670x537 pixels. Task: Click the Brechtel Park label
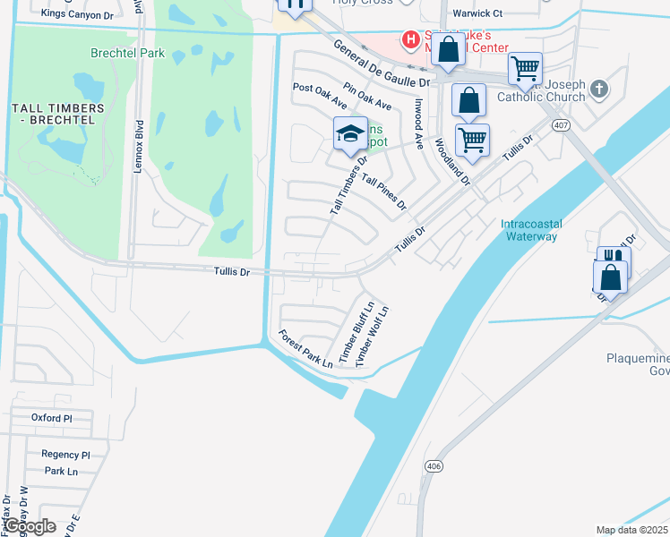pyautogui.click(x=127, y=53)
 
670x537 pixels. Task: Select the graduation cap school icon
pyautogui.click(x=350, y=134)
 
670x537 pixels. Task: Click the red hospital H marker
pyautogui.click(x=410, y=39)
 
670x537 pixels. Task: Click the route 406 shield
pyautogui.click(x=434, y=466)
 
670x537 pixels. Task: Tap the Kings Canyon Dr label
pyautogui.click(x=78, y=15)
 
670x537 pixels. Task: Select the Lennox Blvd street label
pyautogui.click(x=140, y=145)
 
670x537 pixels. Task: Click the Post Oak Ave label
pyautogui.click(x=320, y=98)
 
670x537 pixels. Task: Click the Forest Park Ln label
pyautogui.click(x=305, y=349)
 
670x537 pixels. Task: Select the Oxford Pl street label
pyautogui.click(x=51, y=418)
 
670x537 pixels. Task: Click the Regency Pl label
pyautogui.click(x=66, y=455)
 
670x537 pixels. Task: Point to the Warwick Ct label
pyautogui.click(x=477, y=13)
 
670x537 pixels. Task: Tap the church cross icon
pyautogui.click(x=600, y=89)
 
